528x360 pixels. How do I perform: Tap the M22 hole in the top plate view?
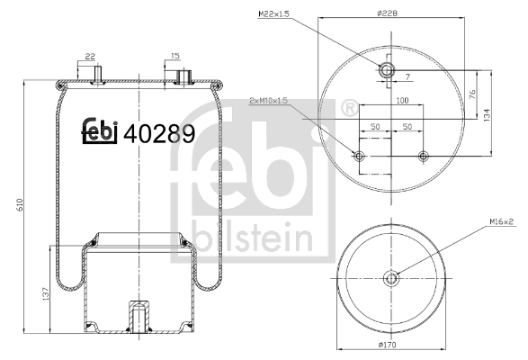point(388,70)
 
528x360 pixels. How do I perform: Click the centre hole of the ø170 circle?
point(390,278)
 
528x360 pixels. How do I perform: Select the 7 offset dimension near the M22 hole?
point(407,77)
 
